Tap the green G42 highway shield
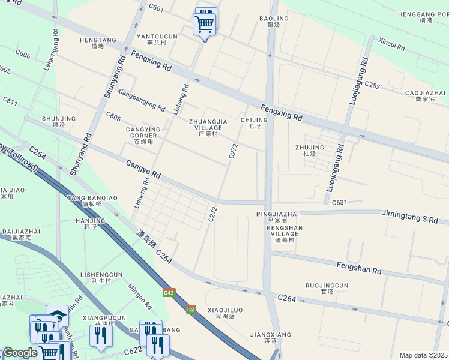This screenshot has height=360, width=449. (x=169, y=293)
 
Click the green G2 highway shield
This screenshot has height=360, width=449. (x=190, y=310)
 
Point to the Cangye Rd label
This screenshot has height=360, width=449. (x=143, y=170)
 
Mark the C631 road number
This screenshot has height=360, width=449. (x=340, y=203)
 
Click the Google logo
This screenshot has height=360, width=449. (x=19, y=353)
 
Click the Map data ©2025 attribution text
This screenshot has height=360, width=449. (x=423, y=355)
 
